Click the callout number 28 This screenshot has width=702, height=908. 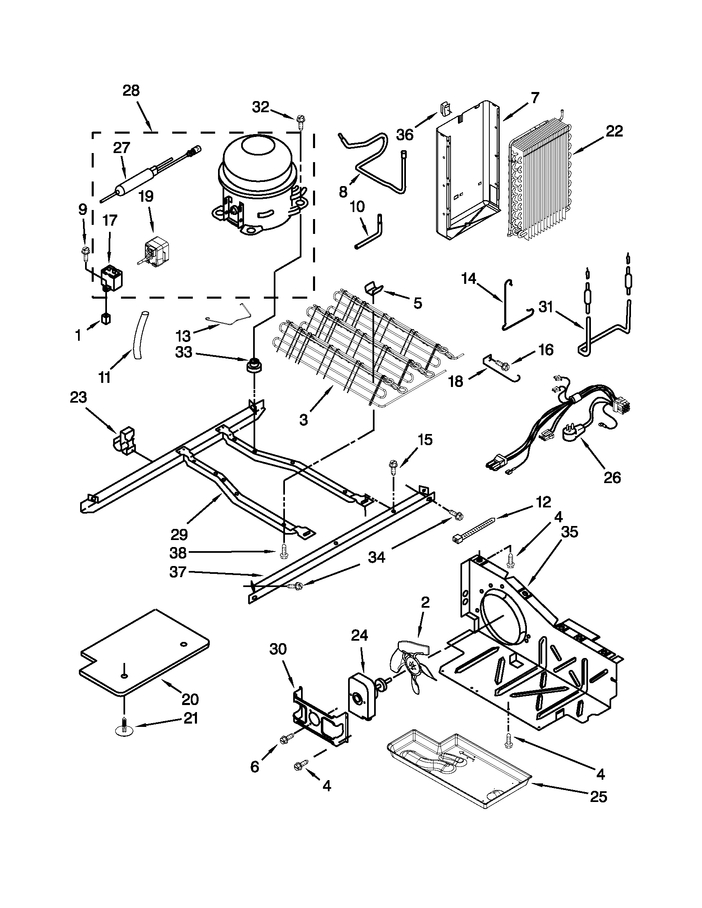pyautogui.click(x=131, y=91)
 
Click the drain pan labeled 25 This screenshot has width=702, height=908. pyautogui.click(x=458, y=769)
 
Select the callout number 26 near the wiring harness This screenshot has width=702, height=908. pyautogui.click(x=612, y=477)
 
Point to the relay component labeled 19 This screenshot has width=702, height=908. pyautogui.click(x=155, y=251)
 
